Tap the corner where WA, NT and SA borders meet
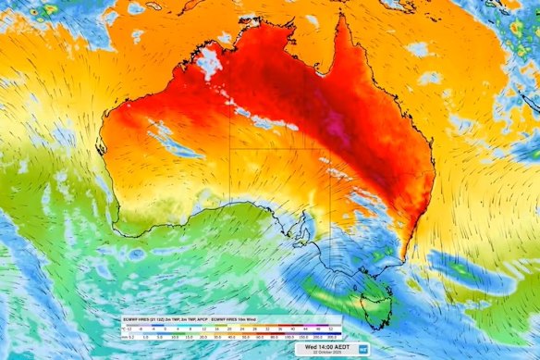pyautogui.click(x=230, y=147)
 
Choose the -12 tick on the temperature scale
pyautogui.click(x=129, y=329)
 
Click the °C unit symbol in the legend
pyautogui.click(x=122, y=329)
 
